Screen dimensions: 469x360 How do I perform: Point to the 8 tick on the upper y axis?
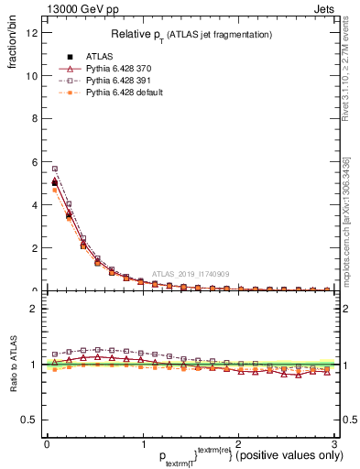click(34, 119)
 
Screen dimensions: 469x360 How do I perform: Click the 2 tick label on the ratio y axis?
click(34, 309)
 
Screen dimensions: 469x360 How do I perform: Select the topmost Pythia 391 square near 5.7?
click(55, 169)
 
